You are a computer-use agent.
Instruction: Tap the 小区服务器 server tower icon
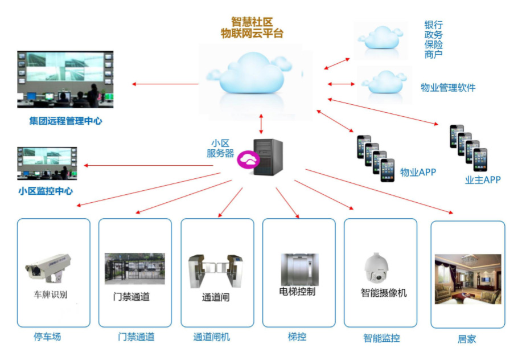[x=268, y=157]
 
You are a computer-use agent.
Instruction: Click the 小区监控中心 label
[x=46, y=191]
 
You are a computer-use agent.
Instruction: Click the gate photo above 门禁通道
[x=135, y=268]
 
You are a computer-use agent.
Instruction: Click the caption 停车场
[x=47, y=337]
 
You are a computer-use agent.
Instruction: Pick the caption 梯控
[x=297, y=337]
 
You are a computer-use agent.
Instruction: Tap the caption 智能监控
[x=381, y=338]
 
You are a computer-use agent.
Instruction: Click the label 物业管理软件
[x=448, y=88]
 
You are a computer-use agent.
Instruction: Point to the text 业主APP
[x=483, y=180]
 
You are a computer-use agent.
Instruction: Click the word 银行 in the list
[x=433, y=25]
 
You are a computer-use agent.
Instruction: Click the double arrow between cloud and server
[x=261, y=124]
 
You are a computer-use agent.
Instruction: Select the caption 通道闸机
[x=211, y=337]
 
